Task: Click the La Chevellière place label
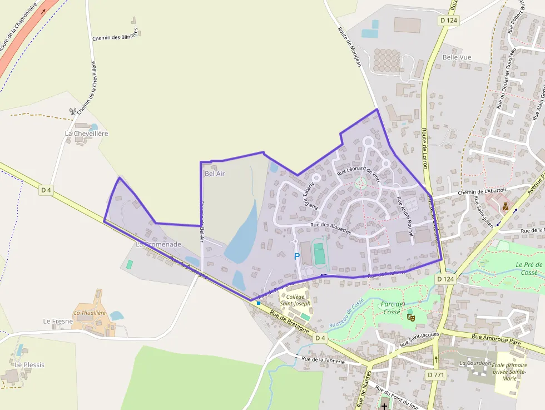86,134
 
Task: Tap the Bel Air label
215,174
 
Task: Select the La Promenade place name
158,244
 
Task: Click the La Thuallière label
90,313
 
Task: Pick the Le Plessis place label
29,365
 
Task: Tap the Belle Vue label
457,57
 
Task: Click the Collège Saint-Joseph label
295,300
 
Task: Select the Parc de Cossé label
392,308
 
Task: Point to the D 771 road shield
435,375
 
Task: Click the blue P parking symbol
296,256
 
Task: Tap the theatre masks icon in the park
411,317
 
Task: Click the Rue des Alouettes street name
331,228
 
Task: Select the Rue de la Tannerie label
323,360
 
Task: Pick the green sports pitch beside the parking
319,254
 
